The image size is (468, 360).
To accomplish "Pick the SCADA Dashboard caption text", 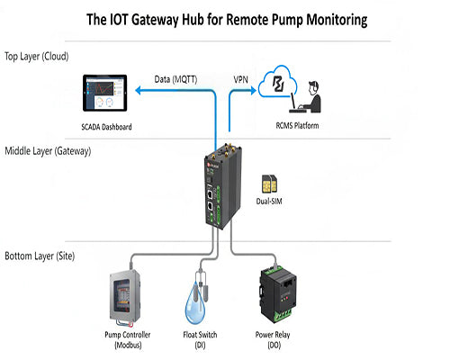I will [106, 127].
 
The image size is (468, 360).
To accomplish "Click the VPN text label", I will [240, 79].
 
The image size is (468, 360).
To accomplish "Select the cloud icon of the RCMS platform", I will [281, 88].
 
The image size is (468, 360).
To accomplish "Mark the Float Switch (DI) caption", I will [203, 339].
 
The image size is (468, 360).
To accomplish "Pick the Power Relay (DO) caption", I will [280, 339].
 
